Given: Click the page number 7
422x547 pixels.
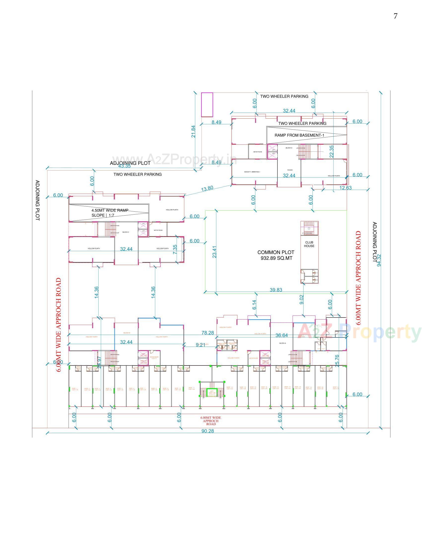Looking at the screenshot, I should click(x=395, y=16).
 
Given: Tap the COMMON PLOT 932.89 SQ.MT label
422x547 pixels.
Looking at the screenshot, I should click(x=276, y=255).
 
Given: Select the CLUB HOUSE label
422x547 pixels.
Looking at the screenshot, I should click(x=309, y=244).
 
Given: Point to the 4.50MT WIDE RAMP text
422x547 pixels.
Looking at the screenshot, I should click(x=110, y=210).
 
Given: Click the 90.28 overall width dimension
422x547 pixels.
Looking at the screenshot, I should click(x=208, y=431).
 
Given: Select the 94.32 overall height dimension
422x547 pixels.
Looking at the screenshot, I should click(x=379, y=260).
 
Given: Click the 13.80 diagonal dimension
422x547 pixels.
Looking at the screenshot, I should click(x=207, y=189).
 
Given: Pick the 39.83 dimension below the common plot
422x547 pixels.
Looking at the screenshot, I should click(x=276, y=290).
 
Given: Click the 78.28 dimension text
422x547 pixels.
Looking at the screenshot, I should click(x=208, y=333).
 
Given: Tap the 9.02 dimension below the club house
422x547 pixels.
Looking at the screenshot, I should click(x=302, y=300).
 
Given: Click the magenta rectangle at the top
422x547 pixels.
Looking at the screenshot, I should click(x=207, y=104).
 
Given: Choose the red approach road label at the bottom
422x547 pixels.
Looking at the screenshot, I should click(x=211, y=421).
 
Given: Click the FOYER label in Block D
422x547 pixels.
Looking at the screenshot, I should click(x=290, y=170).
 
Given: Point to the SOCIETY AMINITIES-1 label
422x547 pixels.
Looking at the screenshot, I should click(x=252, y=172).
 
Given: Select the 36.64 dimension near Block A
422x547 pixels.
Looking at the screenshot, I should click(x=282, y=335).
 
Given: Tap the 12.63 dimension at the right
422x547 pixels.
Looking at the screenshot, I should click(x=345, y=188).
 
